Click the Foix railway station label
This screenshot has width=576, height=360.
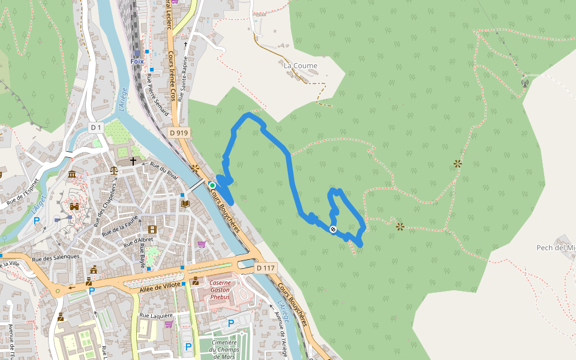tap(137, 61)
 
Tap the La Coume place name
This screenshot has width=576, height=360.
tap(300, 65)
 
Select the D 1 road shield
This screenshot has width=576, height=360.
tap(97, 128)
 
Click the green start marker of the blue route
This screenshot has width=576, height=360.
tap(212, 185)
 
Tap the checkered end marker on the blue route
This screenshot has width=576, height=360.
tap(333, 229)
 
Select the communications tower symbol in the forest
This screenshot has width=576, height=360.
tap(524, 83)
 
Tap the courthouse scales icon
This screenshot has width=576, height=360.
tap(114, 170)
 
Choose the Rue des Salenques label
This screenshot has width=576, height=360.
tap(56, 257)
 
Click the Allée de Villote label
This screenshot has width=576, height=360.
tap(160, 286)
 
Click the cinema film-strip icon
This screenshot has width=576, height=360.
tap(152, 229)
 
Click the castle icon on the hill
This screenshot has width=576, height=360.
tap(75, 206)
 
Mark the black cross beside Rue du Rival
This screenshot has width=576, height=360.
tap(133, 161)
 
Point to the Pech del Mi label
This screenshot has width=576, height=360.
tap(556, 248)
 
